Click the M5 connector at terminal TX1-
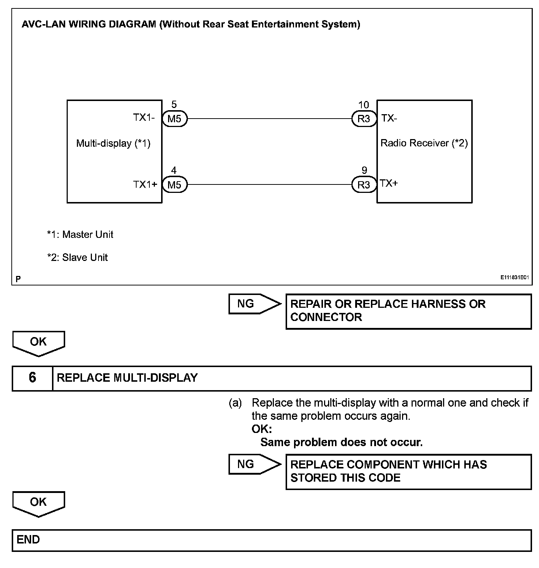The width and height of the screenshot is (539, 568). coord(174,119)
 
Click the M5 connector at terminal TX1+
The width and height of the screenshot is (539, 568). coord(174,184)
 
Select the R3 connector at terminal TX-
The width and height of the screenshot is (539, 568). coord(364,119)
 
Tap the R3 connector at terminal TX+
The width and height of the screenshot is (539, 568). coord(364,184)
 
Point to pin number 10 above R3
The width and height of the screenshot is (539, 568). coord(363,105)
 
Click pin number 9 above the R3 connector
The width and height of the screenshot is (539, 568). coord(364,170)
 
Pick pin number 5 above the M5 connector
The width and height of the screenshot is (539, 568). coord(174,105)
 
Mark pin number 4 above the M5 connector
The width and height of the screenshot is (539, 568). coord(174,170)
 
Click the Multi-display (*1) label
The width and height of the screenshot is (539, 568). coord(113,143)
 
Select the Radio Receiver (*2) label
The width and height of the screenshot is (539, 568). coord(424,143)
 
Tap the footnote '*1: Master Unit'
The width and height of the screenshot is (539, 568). coord(80,234)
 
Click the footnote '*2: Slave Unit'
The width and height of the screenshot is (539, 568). coord(78,257)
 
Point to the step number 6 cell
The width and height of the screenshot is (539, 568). coord(32,378)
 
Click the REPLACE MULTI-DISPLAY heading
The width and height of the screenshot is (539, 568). coord(127,378)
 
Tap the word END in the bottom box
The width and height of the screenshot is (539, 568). coord(28,539)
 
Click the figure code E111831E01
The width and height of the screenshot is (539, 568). coord(514,277)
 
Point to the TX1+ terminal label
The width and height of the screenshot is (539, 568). coord(145,184)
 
